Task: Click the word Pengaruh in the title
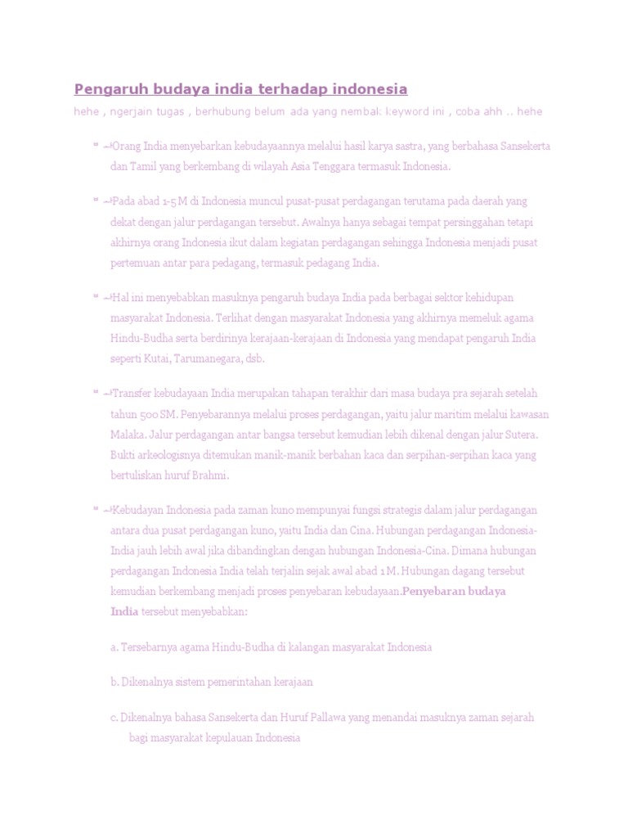[106, 89]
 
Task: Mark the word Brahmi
[211, 475]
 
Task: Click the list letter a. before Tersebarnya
[114, 647]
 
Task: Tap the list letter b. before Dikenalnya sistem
[114, 682]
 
